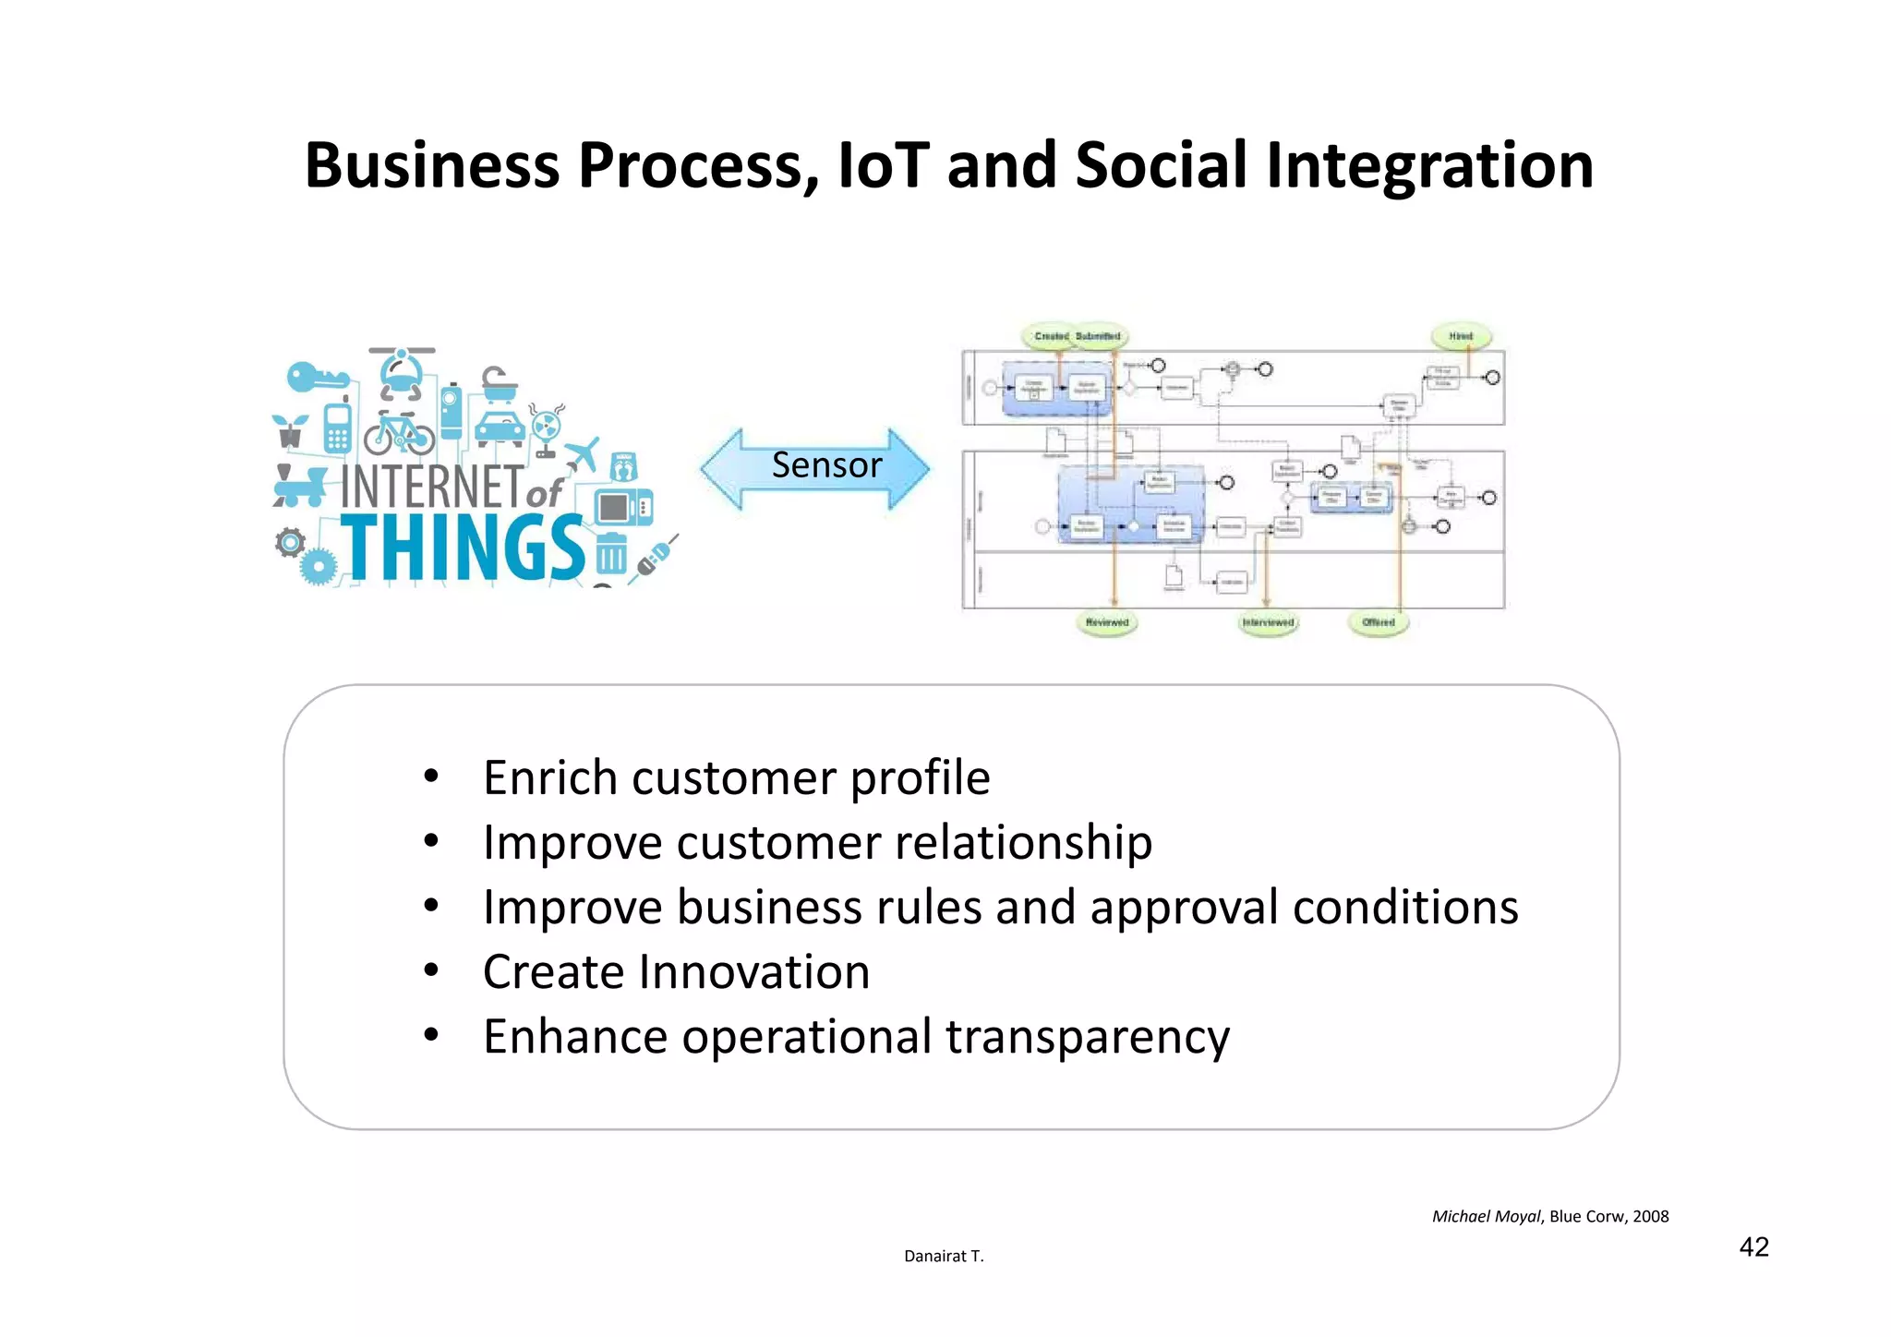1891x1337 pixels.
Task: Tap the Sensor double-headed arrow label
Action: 826,465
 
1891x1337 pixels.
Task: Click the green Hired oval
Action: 1461,337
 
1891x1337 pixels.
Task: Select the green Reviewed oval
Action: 1107,623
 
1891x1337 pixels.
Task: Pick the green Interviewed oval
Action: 1268,623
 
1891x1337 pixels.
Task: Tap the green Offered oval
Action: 1379,623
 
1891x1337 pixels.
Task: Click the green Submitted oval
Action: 1099,337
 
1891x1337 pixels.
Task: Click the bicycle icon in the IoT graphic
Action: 399,434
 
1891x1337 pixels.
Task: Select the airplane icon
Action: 583,453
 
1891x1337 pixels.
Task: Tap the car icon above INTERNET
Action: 500,428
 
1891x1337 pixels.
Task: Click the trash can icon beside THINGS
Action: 610,554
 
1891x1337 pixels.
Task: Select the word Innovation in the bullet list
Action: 754,972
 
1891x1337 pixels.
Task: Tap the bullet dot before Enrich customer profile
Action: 431,777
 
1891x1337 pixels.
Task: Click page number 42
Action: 1753,1247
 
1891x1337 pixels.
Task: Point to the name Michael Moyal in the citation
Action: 1486,1217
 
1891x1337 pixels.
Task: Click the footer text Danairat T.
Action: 944,1257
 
